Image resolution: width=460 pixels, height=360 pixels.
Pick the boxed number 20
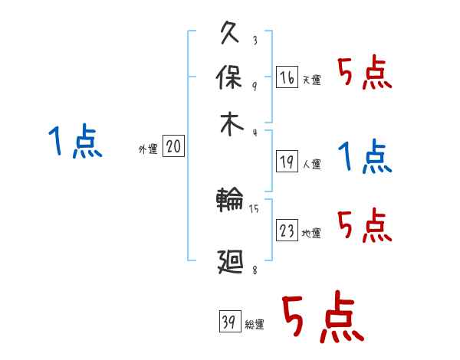click(x=173, y=147)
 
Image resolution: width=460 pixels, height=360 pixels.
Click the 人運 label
click(x=312, y=164)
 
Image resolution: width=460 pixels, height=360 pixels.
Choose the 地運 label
click(x=312, y=234)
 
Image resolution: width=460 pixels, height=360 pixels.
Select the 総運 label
click(x=255, y=325)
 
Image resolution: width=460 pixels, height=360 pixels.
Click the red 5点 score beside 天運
click(x=364, y=75)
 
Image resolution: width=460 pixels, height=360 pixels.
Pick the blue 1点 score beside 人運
click(x=364, y=158)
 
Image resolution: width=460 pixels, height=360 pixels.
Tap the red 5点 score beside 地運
click(x=364, y=226)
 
